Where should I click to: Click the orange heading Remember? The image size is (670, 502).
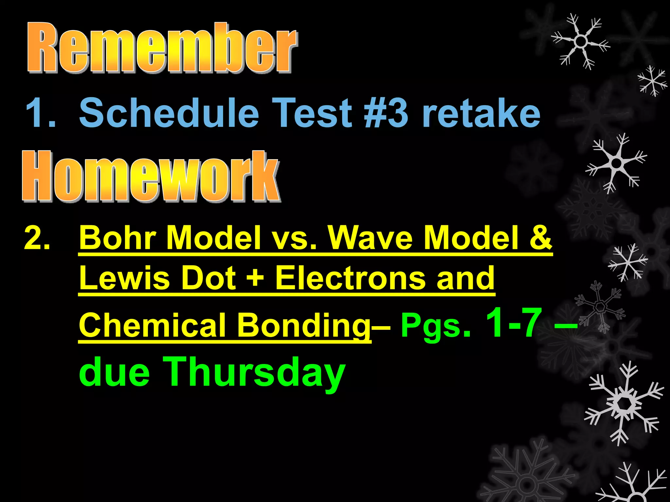pos(162,47)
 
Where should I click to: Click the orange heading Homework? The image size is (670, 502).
pos(150,176)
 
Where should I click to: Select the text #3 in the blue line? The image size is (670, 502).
pos(386,113)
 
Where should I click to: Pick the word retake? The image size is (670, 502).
pos(481,113)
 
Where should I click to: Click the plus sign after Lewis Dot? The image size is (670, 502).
pos(256,278)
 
